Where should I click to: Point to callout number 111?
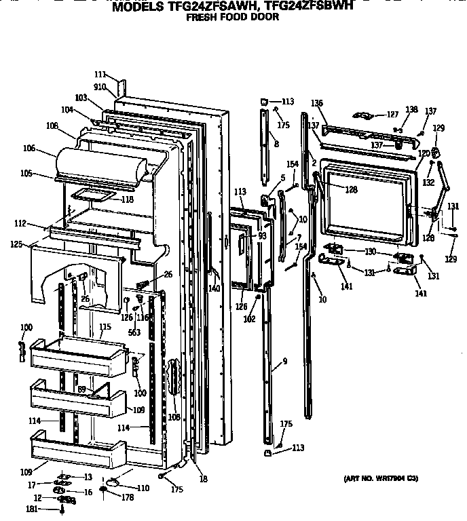point(100,74)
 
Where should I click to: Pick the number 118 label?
point(127,199)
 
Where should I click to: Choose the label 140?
point(214,288)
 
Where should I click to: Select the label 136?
point(316,102)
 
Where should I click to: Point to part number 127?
point(392,115)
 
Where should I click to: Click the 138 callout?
point(411,109)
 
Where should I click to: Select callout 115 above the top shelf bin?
point(105,327)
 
